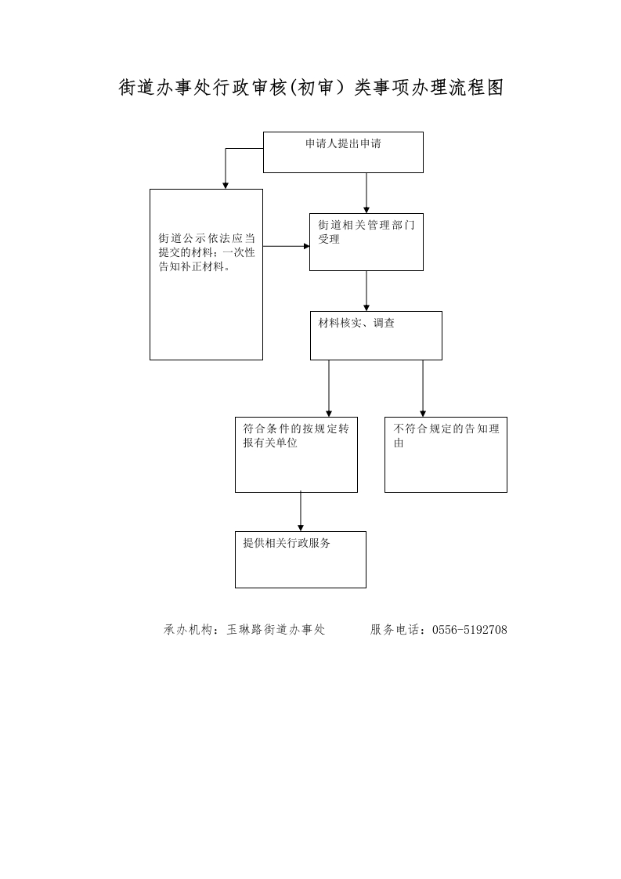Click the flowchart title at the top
coord(311,88)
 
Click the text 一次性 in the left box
coord(239,253)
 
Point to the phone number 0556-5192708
coord(470,630)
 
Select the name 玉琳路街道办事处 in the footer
coord(276,630)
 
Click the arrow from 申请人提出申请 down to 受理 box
coord(366,193)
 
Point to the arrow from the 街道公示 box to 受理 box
coord(287,246)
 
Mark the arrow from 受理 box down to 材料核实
coord(366,291)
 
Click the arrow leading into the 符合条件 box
coord(329,389)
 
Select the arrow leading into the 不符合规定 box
coord(423,389)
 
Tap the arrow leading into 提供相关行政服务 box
coord(301,512)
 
